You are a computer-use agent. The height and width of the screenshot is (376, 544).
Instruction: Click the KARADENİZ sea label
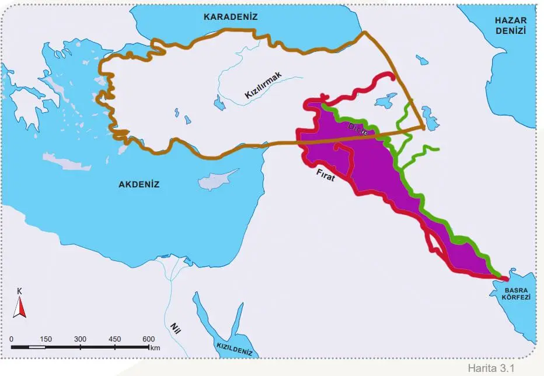pos(231,17)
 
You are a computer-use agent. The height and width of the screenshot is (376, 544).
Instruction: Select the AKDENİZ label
pos(139,184)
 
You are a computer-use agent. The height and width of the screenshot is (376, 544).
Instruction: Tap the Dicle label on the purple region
pos(358,130)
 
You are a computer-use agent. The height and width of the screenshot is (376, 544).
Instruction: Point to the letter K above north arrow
pos(20,291)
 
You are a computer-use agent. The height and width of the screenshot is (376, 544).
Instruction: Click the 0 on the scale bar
pos(12,339)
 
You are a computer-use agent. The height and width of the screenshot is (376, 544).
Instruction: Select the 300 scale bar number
pos(81,339)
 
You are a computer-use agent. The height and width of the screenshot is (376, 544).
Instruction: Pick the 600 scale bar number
pos(148,339)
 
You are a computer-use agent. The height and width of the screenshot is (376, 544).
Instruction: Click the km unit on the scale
pos(155,347)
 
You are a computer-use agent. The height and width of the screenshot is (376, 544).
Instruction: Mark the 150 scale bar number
pos(46,339)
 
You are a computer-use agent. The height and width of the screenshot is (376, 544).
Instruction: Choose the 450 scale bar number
pos(114,339)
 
